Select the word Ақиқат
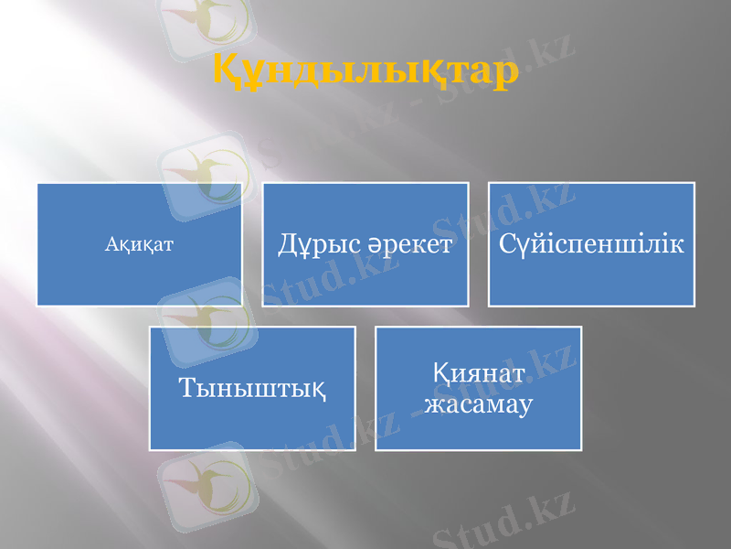pyautogui.click(x=140, y=244)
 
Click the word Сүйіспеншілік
pyautogui.click(x=592, y=243)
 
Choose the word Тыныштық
pyautogui.click(x=252, y=388)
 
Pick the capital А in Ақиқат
pyautogui.click(x=111, y=244)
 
